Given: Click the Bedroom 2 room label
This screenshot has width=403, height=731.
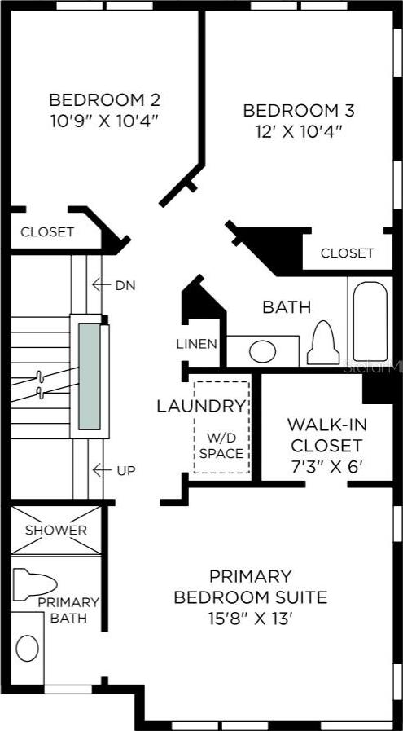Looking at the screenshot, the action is pyautogui.click(x=105, y=99).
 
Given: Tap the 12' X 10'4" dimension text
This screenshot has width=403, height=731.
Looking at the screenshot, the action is pyautogui.click(x=299, y=131).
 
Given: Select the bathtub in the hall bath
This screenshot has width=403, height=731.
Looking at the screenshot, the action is pyautogui.click(x=370, y=321).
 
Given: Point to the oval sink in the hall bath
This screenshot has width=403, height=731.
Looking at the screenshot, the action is pyautogui.click(x=262, y=351).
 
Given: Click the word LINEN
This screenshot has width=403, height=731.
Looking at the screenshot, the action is pyautogui.click(x=196, y=344).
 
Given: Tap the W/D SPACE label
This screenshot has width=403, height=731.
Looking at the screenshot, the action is pyautogui.click(x=221, y=445).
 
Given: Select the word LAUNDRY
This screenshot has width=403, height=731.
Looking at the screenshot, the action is pyautogui.click(x=201, y=407).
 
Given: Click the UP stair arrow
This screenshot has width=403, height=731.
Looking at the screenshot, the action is pyautogui.click(x=102, y=470).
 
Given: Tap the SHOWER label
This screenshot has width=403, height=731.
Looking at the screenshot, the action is pyautogui.click(x=56, y=530).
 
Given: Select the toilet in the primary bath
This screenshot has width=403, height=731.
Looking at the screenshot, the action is pyautogui.click(x=34, y=583).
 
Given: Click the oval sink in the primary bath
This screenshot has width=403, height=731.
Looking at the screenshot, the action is pyautogui.click(x=27, y=648).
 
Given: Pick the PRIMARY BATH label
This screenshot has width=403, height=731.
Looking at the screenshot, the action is pyautogui.click(x=68, y=610).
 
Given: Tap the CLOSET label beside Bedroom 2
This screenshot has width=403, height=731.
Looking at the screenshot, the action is pyautogui.click(x=47, y=231).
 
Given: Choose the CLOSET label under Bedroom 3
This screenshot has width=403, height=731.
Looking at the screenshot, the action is pyautogui.click(x=347, y=253).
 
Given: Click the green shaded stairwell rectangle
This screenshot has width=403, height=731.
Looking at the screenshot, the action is pyautogui.click(x=89, y=377).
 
